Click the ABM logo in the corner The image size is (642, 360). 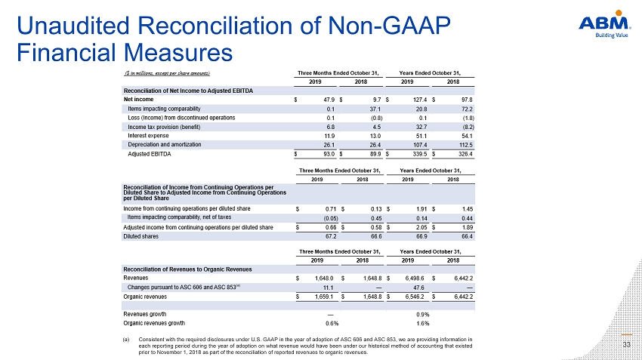(604, 24)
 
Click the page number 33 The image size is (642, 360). (626, 345)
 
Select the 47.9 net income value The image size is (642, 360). (329, 100)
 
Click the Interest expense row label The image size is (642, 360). (148, 136)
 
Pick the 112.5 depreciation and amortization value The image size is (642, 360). (465, 145)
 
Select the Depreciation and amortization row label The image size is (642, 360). (165, 145)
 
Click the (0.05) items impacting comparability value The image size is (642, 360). (332, 218)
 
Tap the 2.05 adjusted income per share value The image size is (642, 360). (421, 227)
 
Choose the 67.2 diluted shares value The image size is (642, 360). (331, 236)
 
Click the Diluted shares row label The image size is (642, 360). (140, 236)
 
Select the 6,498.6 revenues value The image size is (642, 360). (415, 278)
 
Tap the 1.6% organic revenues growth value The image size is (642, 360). (423, 324)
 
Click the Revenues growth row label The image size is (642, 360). (145, 314)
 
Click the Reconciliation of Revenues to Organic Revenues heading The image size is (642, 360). (187, 269)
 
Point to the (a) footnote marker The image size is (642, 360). (126, 340)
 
